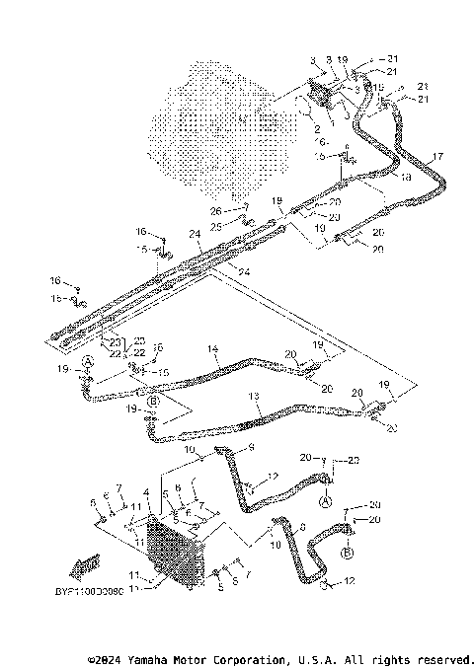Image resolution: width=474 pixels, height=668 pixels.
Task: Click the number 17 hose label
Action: pyautogui.click(x=437, y=156)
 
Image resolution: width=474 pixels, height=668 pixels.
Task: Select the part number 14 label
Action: pyautogui.click(x=211, y=349)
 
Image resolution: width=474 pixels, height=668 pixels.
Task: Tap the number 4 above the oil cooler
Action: pyautogui.click(x=146, y=492)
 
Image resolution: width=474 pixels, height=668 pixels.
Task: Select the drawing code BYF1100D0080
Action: pyautogui.click(x=83, y=592)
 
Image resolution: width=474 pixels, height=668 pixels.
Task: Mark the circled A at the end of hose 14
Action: pyautogui.click(x=88, y=362)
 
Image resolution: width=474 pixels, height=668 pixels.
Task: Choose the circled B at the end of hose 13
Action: pyautogui.click(x=153, y=402)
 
